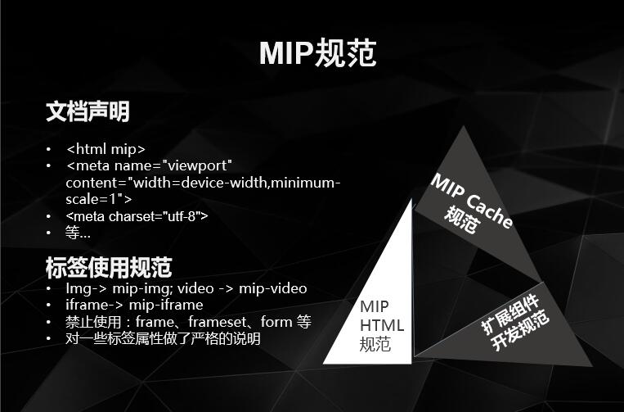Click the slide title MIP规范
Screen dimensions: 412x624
[x=317, y=52]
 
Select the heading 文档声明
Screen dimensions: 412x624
[x=88, y=112]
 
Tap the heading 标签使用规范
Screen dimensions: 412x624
[x=109, y=267]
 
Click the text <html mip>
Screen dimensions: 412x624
[x=105, y=149]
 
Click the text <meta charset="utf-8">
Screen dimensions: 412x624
[x=137, y=216]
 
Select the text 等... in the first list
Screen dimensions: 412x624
[x=79, y=233]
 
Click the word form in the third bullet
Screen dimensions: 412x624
[x=272, y=322]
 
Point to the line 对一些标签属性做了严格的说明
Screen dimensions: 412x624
[x=164, y=338]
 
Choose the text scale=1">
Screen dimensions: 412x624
[x=99, y=198]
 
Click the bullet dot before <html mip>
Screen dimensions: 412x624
[x=49, y=150]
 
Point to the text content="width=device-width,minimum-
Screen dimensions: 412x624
[x=203, y=182]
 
